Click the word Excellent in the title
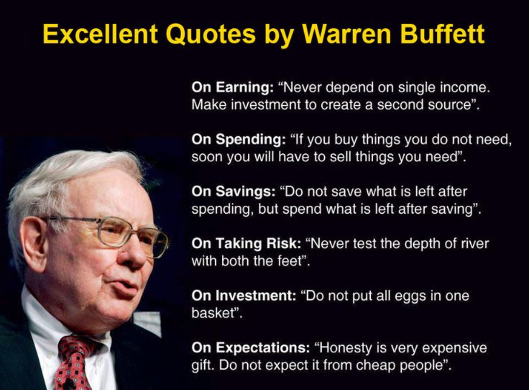100,34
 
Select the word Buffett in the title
442,34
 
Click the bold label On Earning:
233,87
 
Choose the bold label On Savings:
234,191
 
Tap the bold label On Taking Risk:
246,243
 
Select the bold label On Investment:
244,295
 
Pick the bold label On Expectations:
251,347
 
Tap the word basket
213,313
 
